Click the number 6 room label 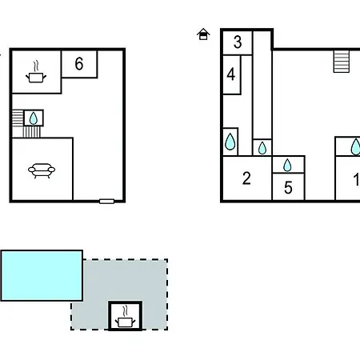tap(79, 63)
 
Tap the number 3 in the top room tap(238, 42)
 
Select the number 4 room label tap(231, 74)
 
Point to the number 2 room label tap(246, 178)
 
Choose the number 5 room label tap(288, 187)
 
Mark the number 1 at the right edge tap(357, 179)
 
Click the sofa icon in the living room tap(42, 170)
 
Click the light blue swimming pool tap(42, 276)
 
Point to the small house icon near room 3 tap(203, 34)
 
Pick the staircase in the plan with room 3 tap(342, 62)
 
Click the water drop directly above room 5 tap(287, 165)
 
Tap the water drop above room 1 tap(355, 146)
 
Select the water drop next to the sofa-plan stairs tap(34, 118)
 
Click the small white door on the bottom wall tap(106, 202)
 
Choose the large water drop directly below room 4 tap(230, 142)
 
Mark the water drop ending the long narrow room tap(262, 148)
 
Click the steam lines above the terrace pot tap(125, 311)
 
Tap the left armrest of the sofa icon tap(31, 170)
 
